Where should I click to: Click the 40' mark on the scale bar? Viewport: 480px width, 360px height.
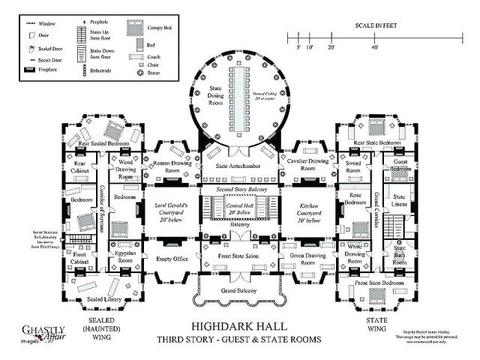375,46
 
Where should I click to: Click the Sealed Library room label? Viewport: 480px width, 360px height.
93,299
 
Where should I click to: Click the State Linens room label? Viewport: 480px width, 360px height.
400,201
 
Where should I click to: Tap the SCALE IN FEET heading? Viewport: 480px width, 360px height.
376,25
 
